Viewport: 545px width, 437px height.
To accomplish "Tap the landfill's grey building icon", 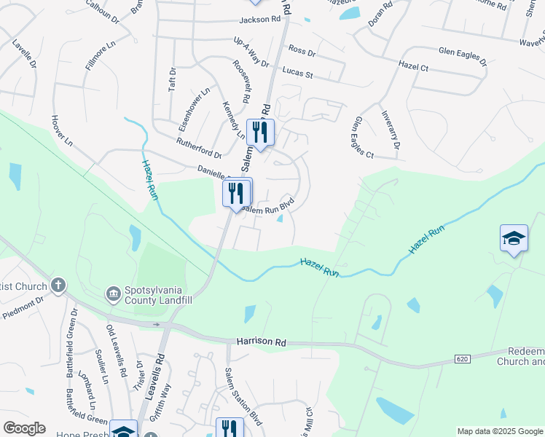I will (x=114, y=294).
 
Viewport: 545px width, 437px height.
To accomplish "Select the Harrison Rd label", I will (x=262, y=341).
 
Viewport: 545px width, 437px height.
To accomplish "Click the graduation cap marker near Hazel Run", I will (x=514, y=239).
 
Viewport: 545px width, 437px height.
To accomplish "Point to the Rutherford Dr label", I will (x=198, y=146).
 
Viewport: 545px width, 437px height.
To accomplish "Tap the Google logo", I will (x=24, y=428).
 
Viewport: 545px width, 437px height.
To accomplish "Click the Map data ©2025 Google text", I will (x=499, y=431).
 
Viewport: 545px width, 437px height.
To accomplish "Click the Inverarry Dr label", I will (x=391, y=130).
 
